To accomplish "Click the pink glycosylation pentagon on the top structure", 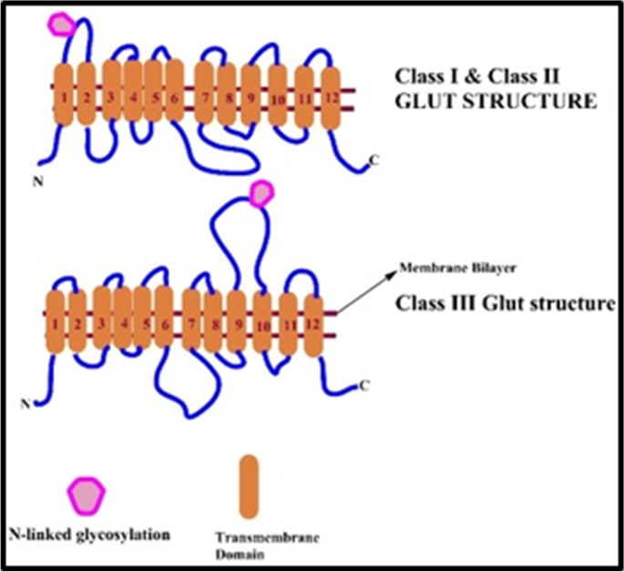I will (x=61, y=24).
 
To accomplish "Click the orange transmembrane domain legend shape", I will (x=248, y=487).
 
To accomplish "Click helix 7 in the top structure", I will (x=205, y=95).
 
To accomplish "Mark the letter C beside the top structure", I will (x=374, y=161).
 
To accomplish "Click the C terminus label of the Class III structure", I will (x=363, y=385).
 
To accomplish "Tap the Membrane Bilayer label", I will (x=445, y=270).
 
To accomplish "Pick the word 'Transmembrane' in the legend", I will (x=257, y=536).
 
